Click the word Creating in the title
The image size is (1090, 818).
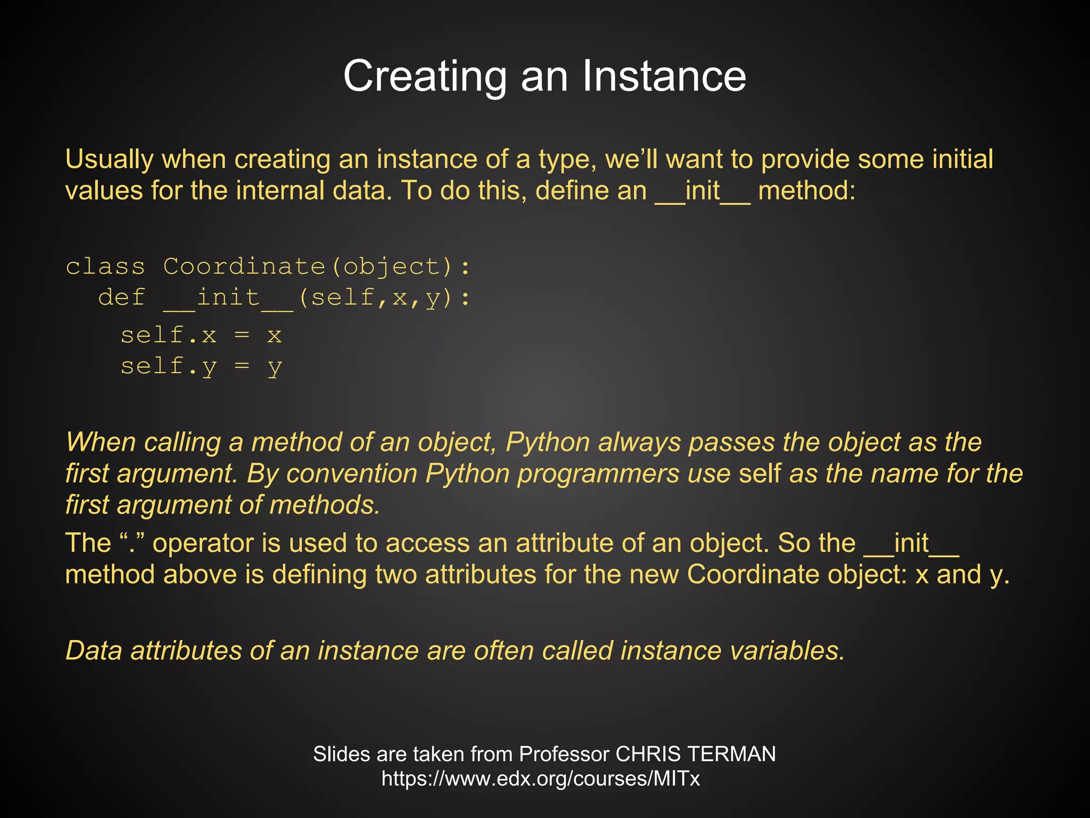tap(425, 76)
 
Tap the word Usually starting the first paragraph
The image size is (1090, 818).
tap(109, 159)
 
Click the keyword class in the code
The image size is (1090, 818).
tap(105, 266)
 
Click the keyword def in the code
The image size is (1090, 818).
tap(121, 297)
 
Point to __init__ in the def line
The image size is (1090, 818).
tap(228, 297)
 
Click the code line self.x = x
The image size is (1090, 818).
tap(201, 336)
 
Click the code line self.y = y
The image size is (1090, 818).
tap(201, 367)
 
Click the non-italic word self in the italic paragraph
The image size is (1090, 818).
tap(760, 473)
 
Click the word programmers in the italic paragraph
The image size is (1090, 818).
tap(598, 473)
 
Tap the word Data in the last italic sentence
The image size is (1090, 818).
tap(94, 651)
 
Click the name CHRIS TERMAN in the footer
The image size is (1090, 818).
tap(695, 754)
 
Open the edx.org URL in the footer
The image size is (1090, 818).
tap(540, 779)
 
